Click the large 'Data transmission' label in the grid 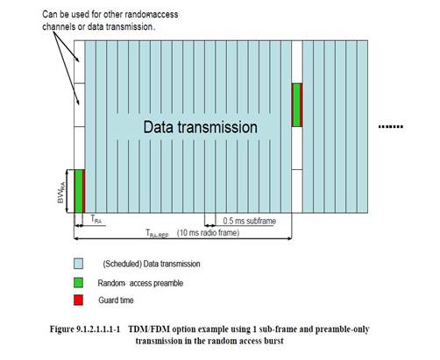[201, 127]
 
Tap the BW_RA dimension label [61, 192]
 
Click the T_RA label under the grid [96, 219]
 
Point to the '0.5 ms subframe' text [250, 221]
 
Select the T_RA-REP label [157, 234]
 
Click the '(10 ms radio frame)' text [209, 233]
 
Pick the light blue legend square [78, 264]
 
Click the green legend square [78, 282]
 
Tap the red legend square [78, 300]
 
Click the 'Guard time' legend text [116, 300]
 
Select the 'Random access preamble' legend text [140, 283]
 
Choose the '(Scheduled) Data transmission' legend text [152, 264]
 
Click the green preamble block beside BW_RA [79, 191]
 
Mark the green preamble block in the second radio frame [296, 105]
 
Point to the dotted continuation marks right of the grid [391, 127]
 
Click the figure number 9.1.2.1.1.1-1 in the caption [98, 329]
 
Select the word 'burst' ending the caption [273, 341]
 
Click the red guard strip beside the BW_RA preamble [84, 191]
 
